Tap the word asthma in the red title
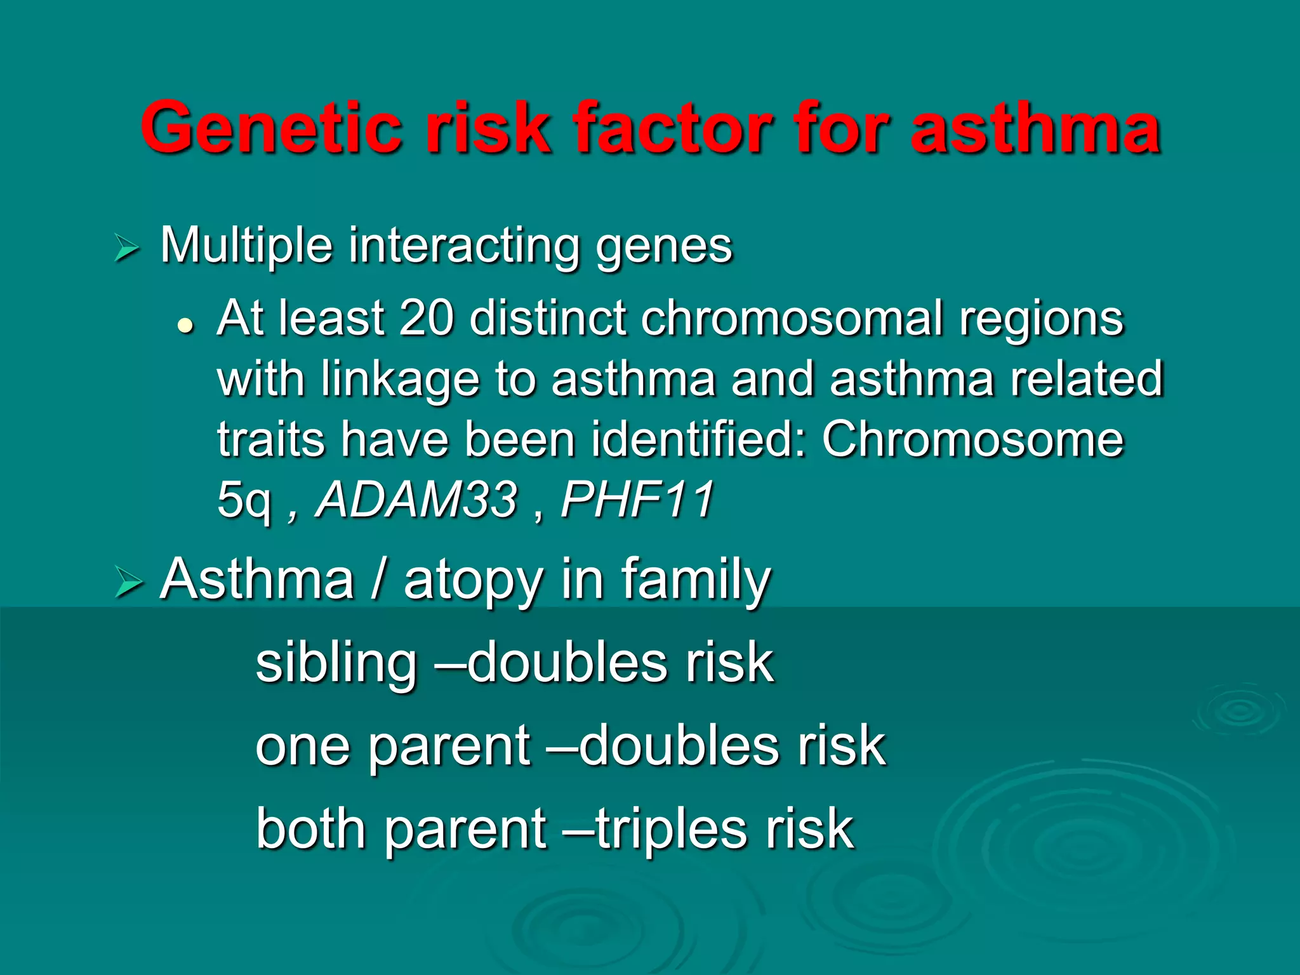pos(1035,129)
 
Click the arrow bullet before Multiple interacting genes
pos(126,248)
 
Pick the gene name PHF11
pos(637,500)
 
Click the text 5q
pos(244,501)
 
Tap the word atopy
pos(474,581)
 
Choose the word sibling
pos(336,663)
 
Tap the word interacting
pos(463,247)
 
